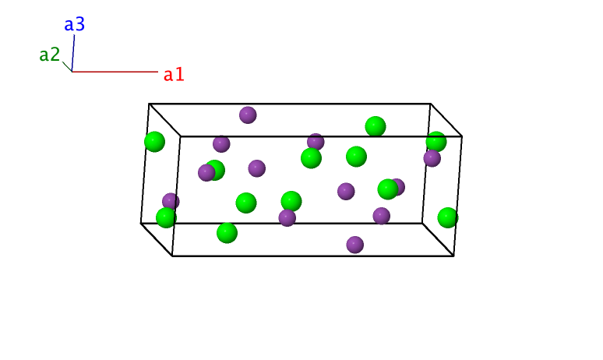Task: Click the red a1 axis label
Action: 174,75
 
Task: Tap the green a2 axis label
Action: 50,55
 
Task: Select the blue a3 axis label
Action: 75,24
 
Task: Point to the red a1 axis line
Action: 115,72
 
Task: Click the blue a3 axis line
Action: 73,53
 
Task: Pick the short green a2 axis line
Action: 67,66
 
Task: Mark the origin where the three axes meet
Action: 72,72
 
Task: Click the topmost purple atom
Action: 248,115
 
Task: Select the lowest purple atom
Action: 355,245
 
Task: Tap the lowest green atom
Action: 227,233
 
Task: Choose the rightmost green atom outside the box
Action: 448,217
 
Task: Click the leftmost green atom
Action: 154,142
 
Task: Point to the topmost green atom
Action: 376,126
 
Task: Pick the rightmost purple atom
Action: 432,158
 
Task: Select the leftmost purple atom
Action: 171,202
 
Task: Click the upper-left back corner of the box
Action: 150,104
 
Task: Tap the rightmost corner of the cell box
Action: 462,136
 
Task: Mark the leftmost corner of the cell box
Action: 141,223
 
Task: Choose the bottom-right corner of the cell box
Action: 453,256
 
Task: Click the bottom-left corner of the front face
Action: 172,256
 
